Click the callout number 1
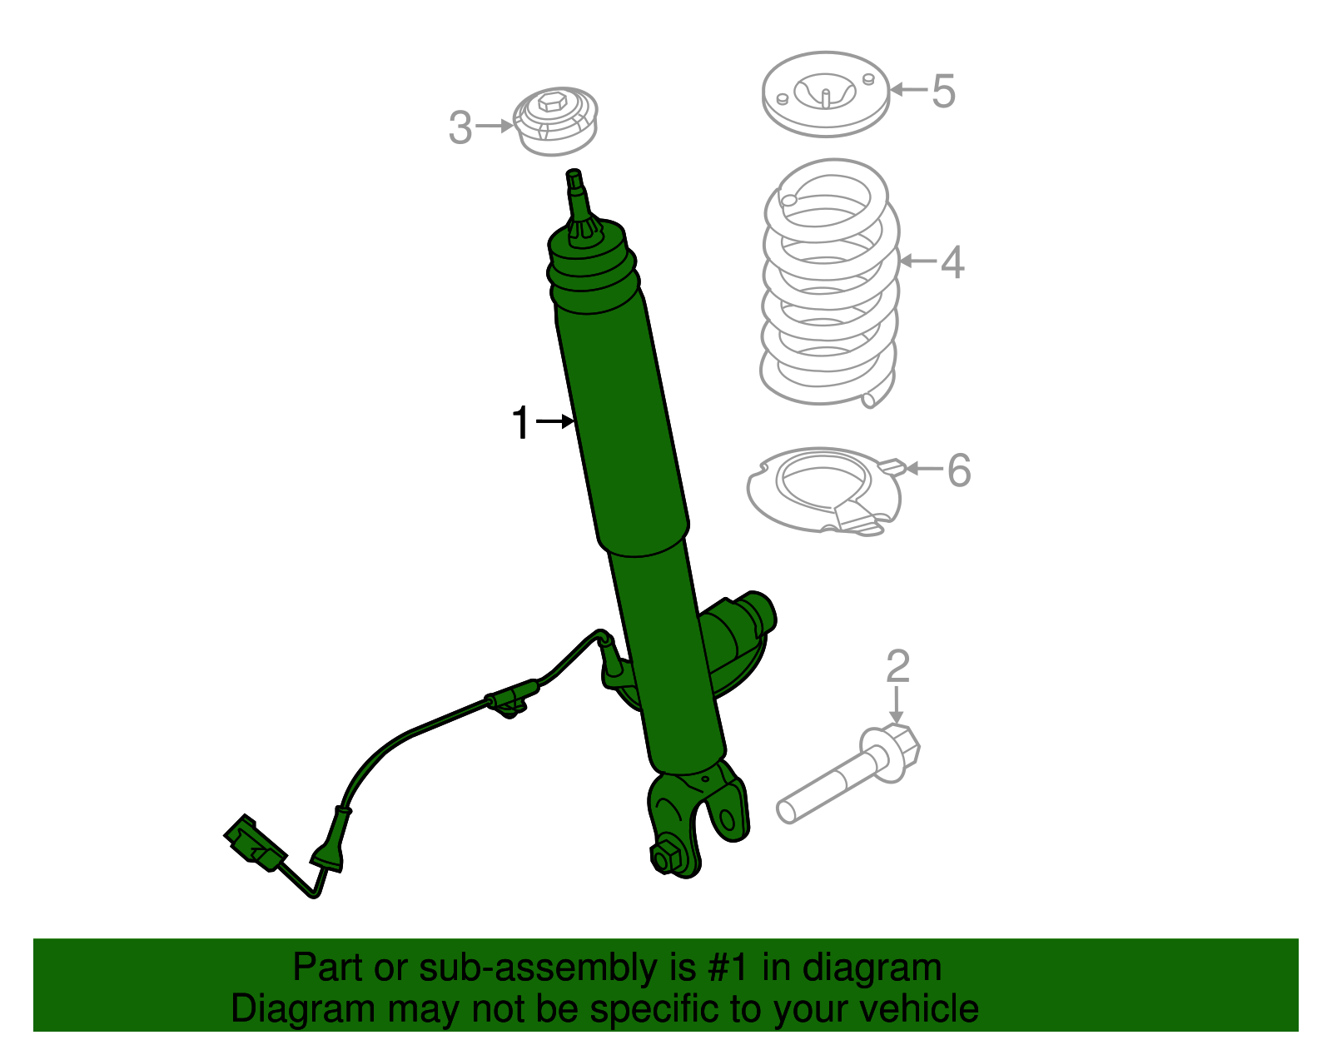tap(520, 423)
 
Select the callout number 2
tap(897, 667)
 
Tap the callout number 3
tap(460, 128)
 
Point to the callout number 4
tap(952, 262)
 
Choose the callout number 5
tap(943, 91)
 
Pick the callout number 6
tap(959, 470)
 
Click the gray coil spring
tap(830, 283)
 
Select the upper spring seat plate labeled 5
tap(826, 93)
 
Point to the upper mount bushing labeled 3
tap(555, 122)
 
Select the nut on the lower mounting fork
tap(666, 857)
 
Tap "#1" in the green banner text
tap(728, 968)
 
